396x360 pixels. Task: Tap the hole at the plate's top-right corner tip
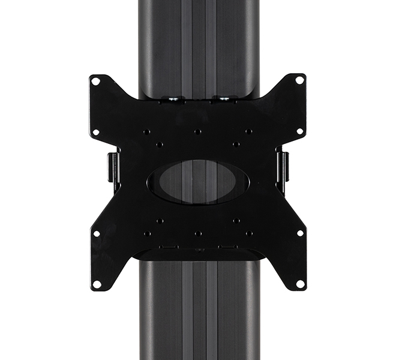tap(299, 80)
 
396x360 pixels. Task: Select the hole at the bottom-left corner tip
tap(96, 284)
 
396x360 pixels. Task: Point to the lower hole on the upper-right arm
tap(299, 131)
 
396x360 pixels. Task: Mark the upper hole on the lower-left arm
tap(96, 233)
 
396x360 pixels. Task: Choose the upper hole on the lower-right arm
tap(299, 233)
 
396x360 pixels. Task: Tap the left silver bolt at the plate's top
tap(172, 99)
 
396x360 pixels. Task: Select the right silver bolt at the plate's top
tap(223, 99)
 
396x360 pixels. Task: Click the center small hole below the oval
tap(197, 233)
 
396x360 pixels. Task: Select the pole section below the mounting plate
tap(198, 312)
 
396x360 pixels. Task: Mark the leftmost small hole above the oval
tap(146, 131)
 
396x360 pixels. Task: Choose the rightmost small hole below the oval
tap(249, 233)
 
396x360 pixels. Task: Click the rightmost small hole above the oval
tap(249, 131)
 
